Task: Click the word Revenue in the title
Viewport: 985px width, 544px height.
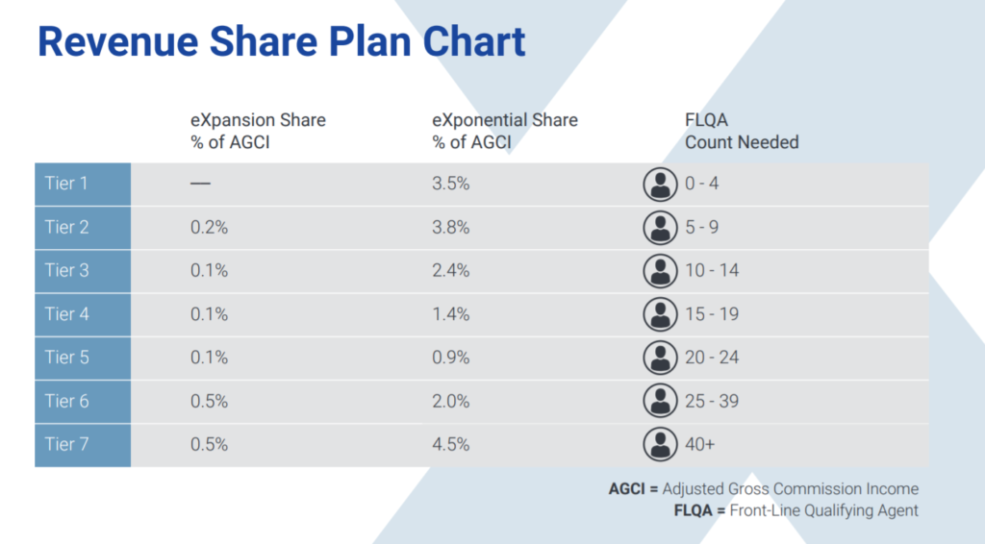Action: (117, 42)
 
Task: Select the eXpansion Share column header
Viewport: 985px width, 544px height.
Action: (258, 131)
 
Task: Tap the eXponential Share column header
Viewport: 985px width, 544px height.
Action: (505, 131)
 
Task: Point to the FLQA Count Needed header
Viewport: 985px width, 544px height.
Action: (742, 131)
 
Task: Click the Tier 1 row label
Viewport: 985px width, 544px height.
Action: (66, 184)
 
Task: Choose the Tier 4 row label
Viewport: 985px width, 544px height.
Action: (66, 313)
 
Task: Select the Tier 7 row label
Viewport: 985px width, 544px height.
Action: (66, 444)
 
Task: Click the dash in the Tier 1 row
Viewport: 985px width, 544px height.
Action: (200, 184)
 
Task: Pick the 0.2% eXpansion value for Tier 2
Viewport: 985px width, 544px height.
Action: (209, 227)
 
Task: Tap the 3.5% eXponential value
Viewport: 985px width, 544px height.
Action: (450, 184)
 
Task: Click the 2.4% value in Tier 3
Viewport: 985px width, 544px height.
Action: (450, 270)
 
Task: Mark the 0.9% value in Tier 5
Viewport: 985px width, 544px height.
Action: (450, 358)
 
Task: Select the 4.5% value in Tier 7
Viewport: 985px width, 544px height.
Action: (450, 444)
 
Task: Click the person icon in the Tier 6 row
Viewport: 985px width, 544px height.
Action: (660, 401)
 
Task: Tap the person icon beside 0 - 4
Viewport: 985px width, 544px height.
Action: (660, 185)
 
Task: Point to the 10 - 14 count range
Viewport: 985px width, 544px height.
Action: (712, 270)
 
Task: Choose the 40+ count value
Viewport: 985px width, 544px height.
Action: (700, 444)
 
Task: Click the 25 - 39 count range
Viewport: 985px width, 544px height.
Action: (712, 401)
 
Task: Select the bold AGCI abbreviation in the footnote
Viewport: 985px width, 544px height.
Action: (626, 489)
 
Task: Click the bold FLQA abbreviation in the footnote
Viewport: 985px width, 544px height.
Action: (693, 510)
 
